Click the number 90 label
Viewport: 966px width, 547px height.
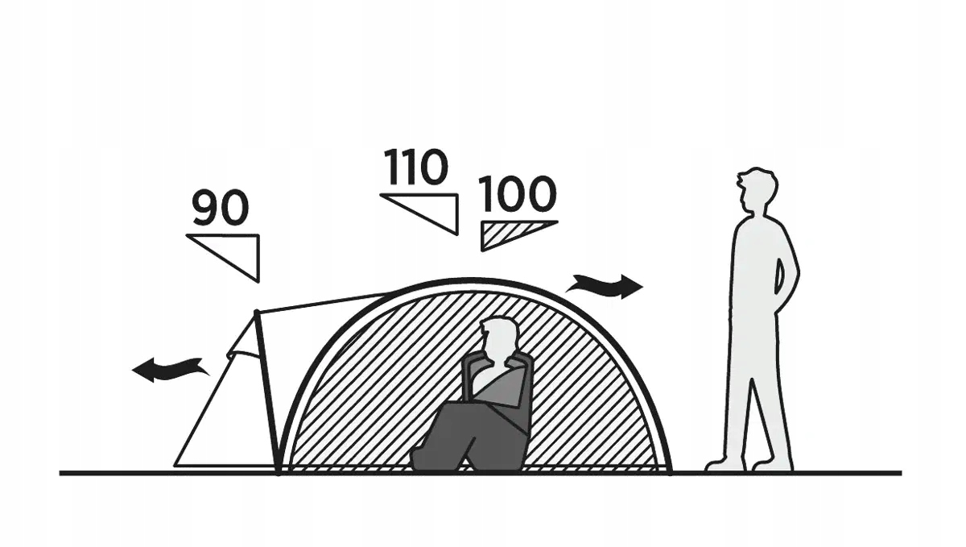click(x=221, y=209)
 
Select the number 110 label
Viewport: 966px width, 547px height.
click(x=415, y=168)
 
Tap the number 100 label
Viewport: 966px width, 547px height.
click(x=518, y=194)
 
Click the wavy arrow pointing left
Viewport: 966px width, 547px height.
click(x=169, y=370)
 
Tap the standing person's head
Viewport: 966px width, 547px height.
click(x=758, y=192)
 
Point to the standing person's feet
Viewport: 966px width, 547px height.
click(x=749, y=463)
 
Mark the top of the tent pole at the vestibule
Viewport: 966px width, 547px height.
click(x=256, y=312)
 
